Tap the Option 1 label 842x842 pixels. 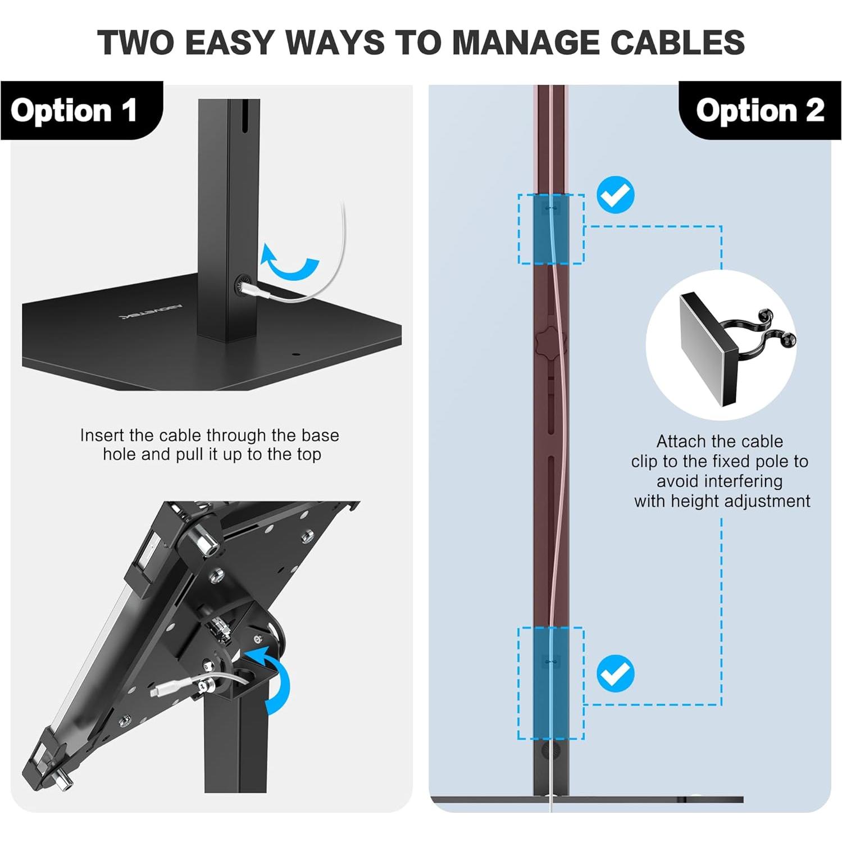tap(74, 110)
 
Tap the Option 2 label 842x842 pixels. tap(759, 110)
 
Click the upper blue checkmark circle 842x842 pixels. tap(615, 195)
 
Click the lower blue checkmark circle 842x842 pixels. tap(615, 673)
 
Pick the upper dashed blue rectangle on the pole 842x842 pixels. tap(550, 229)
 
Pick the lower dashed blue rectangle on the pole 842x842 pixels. tap(550, 683)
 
